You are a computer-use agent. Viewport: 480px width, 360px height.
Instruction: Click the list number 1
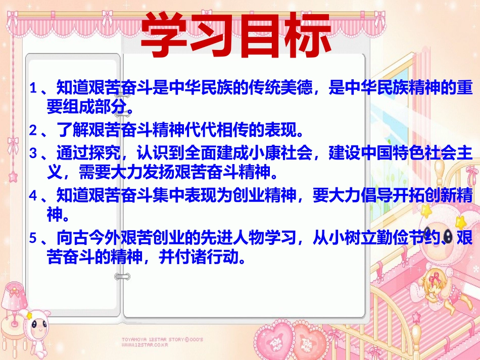tap(33, 89)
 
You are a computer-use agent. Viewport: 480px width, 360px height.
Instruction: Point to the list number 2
tap(33, 131)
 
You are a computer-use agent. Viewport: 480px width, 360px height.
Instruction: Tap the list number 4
tap(33, 196)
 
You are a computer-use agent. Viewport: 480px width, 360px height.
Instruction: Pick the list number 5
tap(33, 238)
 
